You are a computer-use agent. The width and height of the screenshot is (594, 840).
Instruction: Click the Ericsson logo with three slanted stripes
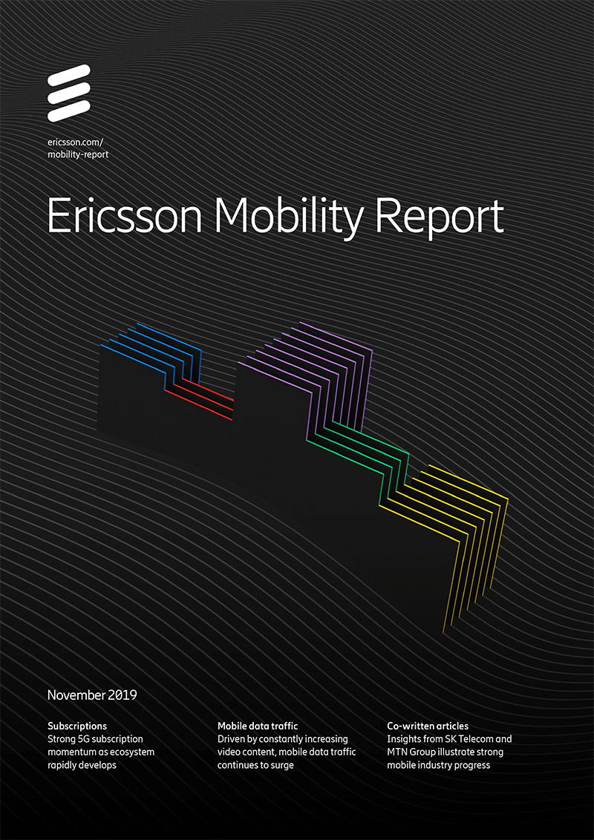tap(68, 93)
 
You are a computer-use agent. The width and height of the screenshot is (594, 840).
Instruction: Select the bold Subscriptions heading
tap(77, 726)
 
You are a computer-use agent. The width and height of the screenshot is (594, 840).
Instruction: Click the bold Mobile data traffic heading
tap(258, 726)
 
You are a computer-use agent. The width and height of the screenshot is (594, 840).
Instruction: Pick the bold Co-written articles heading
tap(428, 726)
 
